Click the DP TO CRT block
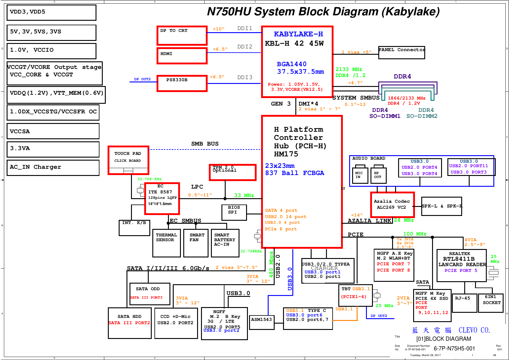[182, 35]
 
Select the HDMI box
[182, 56]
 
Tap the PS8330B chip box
[182, 83]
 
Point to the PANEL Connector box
[401, 52]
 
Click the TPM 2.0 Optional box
[233, 172]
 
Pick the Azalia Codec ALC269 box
[392, 205]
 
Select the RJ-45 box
[464, 303]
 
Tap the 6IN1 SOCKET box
[491, 303]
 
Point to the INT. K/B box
[134, 228]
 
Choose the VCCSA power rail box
[53, 131]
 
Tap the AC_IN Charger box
[53, 167]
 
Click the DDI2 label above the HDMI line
[245, 47]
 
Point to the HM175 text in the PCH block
[286, 154]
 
